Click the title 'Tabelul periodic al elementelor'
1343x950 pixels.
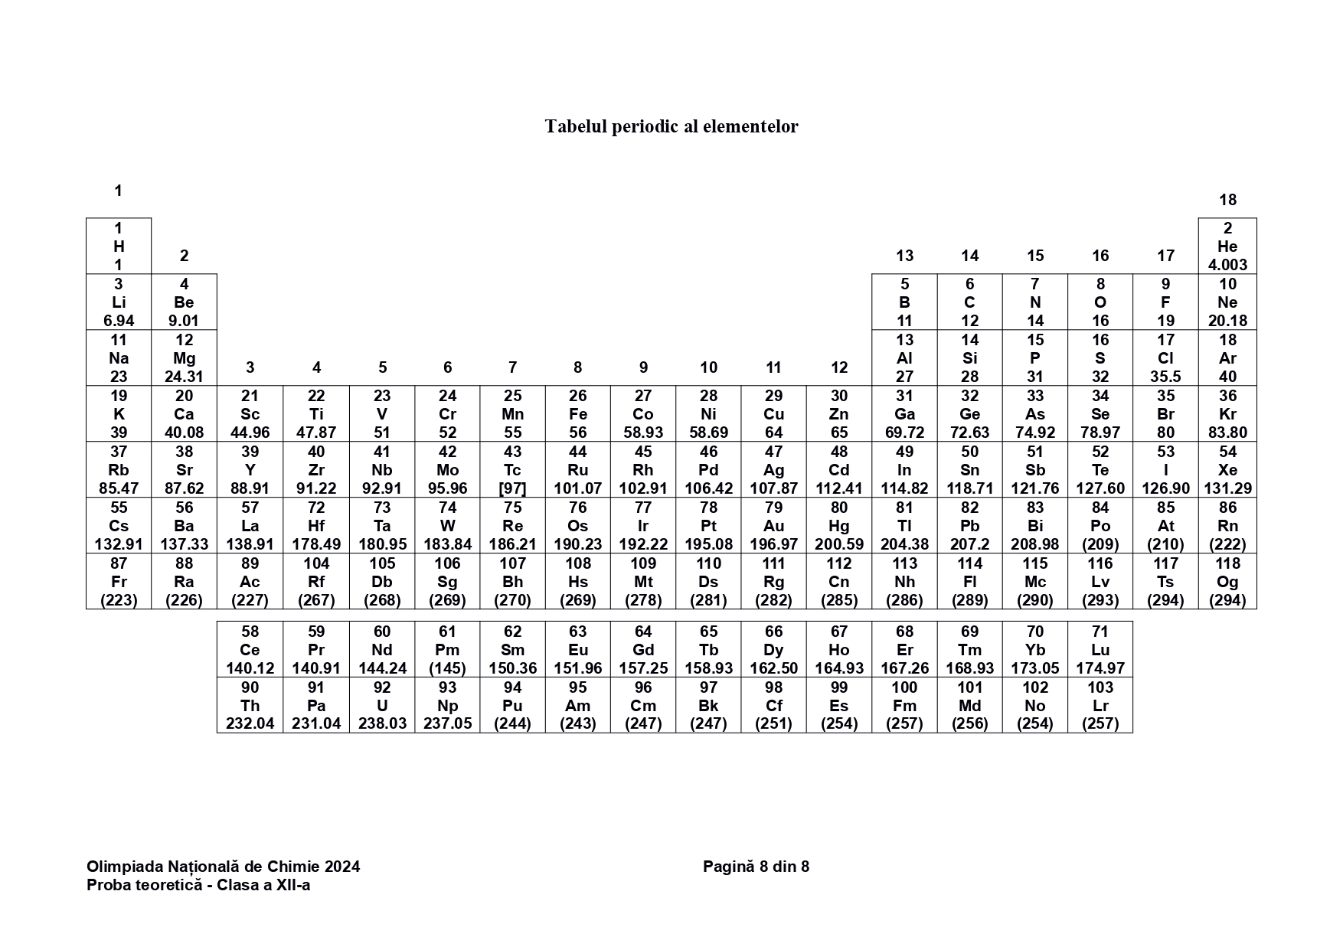tap(671, 126)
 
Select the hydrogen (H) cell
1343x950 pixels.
tap(119, 246)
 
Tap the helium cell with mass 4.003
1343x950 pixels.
tap(1227, 246)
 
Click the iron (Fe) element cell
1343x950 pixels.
tap(578, 414)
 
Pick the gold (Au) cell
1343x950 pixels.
tap(773, 526)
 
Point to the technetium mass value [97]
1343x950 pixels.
tap(512, 488)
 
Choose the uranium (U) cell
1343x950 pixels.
tap(382, 705)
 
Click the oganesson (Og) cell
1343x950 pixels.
tap(1227, 582)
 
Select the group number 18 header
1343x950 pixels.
tap(1227, 200)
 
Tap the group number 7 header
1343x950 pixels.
tap(512, 367)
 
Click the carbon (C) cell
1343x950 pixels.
tap(969, 302)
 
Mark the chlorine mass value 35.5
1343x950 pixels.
tap(1165, 377)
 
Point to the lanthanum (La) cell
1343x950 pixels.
tap(250, 526)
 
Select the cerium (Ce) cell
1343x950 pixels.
tap(250, 650)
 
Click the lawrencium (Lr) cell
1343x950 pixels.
tap(1100, 705)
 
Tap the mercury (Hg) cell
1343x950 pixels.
tap(839, 526)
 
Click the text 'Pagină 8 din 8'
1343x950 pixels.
tap(756, 867)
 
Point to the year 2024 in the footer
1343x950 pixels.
tap(342, 867)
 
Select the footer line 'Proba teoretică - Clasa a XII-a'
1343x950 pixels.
tap(198, 886)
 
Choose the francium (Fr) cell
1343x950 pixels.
tap(119, 582)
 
